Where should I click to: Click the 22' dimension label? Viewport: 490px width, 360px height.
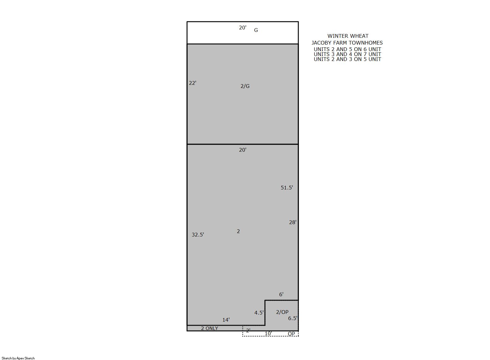tap(193, 83)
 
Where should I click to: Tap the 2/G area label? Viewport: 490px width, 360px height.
tap(245, 86)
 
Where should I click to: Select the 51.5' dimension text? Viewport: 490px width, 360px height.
tap(287, 188)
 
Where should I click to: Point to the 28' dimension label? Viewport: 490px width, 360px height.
tap(293, 222)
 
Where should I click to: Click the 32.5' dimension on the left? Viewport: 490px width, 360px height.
tap(198, 235)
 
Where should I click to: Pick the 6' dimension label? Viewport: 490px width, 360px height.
tap(281, 294)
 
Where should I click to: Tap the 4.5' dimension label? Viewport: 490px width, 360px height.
tap(259, 313)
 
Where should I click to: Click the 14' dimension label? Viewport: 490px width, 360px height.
tap(226, 320)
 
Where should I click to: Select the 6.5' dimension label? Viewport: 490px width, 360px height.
tap(293, 318)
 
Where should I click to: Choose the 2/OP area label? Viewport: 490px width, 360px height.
tap(282, 312)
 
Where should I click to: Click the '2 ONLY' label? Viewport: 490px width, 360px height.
tap(209, 328)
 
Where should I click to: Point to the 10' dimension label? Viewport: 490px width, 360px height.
tap(268, 333)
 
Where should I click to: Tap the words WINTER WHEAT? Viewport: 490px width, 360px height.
tap(348, 36)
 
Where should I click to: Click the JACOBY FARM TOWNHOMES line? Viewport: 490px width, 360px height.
tap(347, 43)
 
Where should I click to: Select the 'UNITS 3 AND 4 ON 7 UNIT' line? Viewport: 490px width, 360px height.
tap(347, 54)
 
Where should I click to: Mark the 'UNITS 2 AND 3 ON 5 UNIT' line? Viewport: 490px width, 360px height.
tap(347, 59)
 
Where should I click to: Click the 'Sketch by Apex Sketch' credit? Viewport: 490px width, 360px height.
tap(18, 358)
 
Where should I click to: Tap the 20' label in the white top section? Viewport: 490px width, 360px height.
tap(243, 28)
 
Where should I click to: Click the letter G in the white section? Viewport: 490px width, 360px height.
tap(256, 30)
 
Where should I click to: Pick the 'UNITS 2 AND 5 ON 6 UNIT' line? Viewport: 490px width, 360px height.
tap(347, 49)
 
